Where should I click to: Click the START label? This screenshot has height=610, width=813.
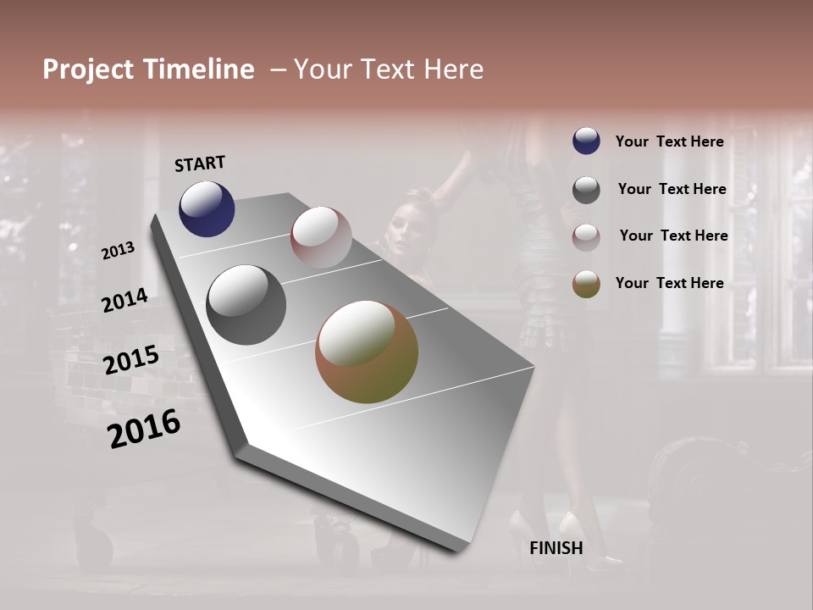click(200, 164)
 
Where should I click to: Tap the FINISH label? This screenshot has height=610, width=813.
click(556, 548)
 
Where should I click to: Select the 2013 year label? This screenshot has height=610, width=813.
click(119, 251)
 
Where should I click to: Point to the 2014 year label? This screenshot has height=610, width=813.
click(124, 301)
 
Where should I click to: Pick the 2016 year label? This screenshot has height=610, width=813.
click(144, 429)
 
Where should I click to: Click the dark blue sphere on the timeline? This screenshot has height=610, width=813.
click(207, 208)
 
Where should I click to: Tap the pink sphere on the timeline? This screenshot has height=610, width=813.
click(321, 236)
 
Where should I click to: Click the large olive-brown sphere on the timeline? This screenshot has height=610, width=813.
click(367, 352)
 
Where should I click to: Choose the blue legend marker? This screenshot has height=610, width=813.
click(586, 141)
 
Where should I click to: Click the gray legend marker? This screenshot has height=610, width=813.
click(586, 190)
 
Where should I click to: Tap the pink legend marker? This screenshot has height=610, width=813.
click(586, 237)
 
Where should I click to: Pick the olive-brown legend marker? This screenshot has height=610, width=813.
click(586, 284)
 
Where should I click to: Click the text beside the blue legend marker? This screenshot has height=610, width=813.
click(669, 141)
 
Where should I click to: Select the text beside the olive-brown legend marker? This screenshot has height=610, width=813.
click(669, 283)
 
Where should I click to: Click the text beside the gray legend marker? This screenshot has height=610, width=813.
click(672, 189)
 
